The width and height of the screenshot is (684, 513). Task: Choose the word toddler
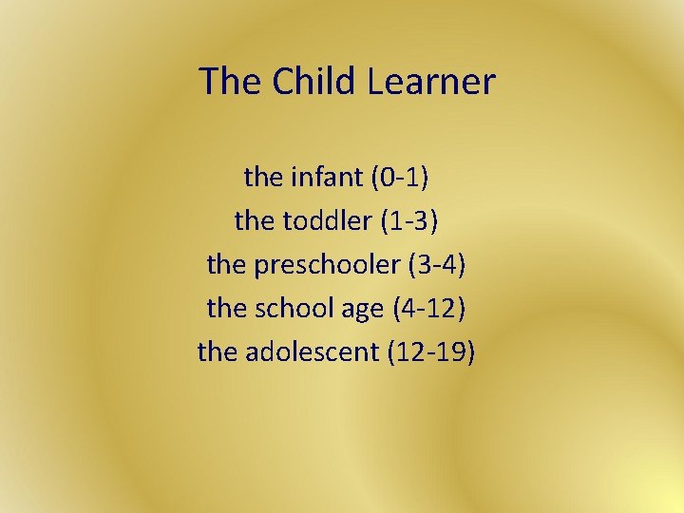coord(327,220)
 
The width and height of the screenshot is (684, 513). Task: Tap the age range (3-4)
coord(436,264)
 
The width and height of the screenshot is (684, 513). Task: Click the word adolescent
coord(313,351)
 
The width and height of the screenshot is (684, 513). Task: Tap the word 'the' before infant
coord(262,177)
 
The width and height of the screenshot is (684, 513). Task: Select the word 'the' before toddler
coord(253,220)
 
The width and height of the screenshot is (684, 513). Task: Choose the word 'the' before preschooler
coord(226,264)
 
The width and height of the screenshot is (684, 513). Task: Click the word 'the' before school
coord(226,308)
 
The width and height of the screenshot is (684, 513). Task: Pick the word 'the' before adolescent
coord(217,351)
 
